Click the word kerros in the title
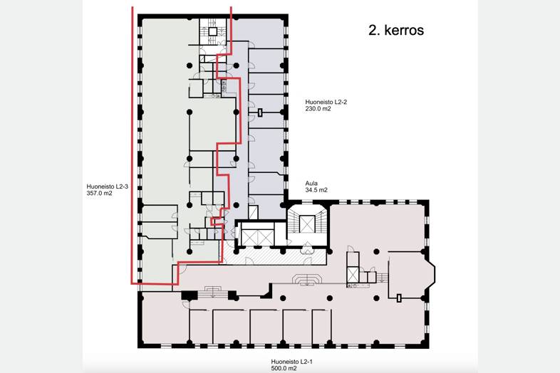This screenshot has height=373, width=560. click(x=404, y=30)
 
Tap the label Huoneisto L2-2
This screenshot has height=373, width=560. click(x=326, y=102)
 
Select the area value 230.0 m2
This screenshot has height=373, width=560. click(x=318, y=109)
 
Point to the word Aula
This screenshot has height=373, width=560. click(x=311, y=184)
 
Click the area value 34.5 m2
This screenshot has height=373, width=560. click(x=316, y=190)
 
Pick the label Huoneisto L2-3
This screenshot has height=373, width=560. click(x=107, y=186)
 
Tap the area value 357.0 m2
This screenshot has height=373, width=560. click(x=99, y=194)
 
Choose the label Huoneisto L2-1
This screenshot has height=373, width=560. click(x=292, y=362)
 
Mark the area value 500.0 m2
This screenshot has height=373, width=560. click(x=284, y=368)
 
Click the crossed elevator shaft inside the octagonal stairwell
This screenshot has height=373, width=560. click(x=307, y=224)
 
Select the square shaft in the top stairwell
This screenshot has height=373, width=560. click(x=212, y=32)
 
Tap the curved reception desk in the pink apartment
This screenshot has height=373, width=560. click(x=307, y=280)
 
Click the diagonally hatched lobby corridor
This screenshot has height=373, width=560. click(x=274, y=257)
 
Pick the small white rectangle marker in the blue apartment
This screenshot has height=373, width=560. click(x=260, y=112)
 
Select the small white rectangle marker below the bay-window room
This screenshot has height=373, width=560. click(x=399, y=298)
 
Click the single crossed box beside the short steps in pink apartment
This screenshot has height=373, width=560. click(x=353, y=275)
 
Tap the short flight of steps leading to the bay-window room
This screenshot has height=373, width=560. click(x=382, y=278)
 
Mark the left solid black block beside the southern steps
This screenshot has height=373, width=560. click(x=190, y=295)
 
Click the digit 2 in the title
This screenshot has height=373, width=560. click(x=373, y=30)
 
